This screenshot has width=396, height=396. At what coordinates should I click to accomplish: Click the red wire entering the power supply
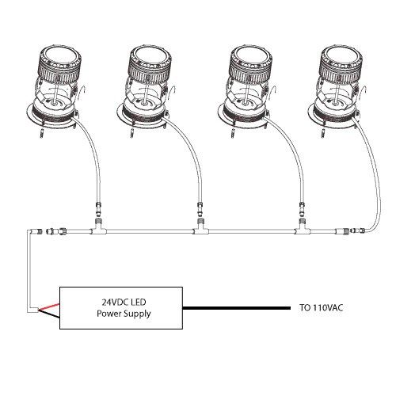click(49, 307)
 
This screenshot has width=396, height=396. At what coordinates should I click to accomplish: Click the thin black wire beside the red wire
click(49, 314)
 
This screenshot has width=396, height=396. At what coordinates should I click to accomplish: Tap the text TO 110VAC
click(321, 308)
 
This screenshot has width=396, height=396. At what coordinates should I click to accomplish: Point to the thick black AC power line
click(237, 308)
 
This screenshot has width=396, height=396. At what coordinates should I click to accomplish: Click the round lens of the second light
click(150, 56)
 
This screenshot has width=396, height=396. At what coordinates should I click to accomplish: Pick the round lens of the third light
click(249, 56)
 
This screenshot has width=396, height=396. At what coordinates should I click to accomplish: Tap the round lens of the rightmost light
click(340, 56)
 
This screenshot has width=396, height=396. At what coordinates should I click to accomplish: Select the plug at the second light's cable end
click(200, 208)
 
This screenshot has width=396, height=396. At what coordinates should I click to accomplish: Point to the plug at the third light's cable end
click(302, 208)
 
